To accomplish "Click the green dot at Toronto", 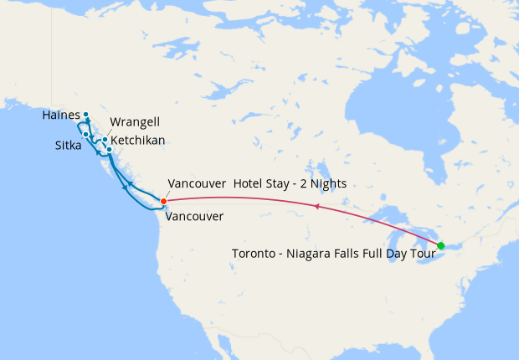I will [x=441, y=245].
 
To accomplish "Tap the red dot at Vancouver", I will [x=163, y=201].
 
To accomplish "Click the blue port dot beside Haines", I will [x=86, y=115].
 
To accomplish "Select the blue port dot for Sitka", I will [x=86, y=134].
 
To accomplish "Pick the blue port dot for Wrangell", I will [x=105, y=140].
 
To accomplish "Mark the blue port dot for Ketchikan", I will [x=110, y=150].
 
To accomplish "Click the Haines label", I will [x=61, y=115].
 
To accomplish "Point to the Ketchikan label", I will [x=137, y=140].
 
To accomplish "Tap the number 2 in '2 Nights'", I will [x=308, y=183].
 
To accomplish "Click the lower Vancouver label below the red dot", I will [x=194, y=217].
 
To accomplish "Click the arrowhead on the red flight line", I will [x=316, y=204].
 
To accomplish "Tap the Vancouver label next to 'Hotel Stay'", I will [x=197, y=183].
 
